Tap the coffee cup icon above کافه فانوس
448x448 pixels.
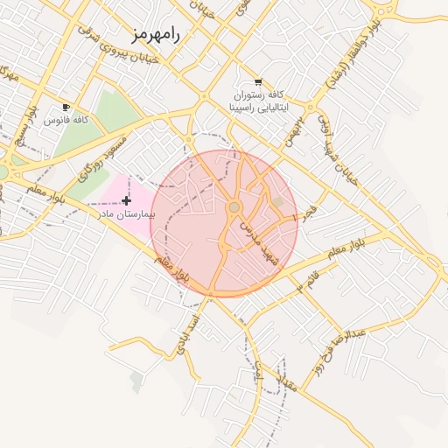pos(66,106)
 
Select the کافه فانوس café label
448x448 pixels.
pos(67,118)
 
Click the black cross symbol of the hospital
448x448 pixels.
pos(127,201)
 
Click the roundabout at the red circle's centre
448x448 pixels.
pos(234,206)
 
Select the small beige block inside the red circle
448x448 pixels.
pos(278,203)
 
